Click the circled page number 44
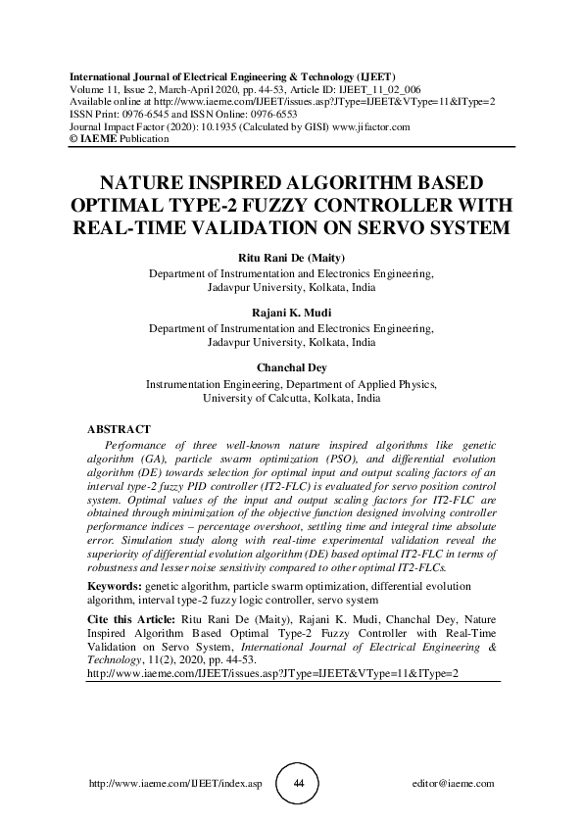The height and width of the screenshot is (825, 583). (300, 785)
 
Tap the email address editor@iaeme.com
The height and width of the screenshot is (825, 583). (455, 785)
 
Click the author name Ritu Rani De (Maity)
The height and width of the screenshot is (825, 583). (292, 257)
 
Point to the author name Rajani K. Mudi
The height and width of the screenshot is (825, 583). (292, 312)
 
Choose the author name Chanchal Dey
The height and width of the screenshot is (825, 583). (292, 367)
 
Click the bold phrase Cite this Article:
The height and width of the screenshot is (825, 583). (133, 620)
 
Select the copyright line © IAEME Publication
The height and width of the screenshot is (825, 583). (119, 139)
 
